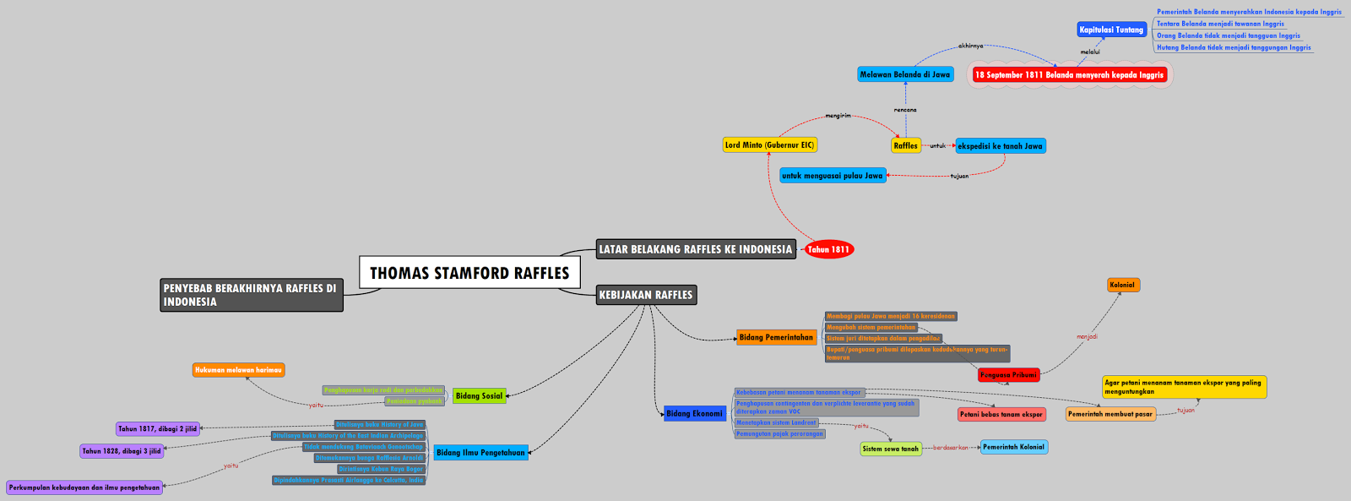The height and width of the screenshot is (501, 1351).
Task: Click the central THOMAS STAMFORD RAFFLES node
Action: point(469,273)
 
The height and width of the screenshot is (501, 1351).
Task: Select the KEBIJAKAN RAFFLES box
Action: point(646,295)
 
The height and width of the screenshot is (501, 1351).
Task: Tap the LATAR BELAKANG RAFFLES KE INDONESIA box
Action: point(696,249)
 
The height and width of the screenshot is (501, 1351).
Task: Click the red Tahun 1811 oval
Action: point(828,249)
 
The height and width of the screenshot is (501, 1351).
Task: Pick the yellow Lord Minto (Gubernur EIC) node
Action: point(769,145)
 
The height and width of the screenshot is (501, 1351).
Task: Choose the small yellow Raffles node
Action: point(905,145)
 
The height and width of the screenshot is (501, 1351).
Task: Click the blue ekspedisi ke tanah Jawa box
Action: point(1000,146)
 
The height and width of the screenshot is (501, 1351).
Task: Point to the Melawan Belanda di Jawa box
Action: point(905,74)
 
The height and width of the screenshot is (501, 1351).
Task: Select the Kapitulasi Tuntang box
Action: point(1111,30)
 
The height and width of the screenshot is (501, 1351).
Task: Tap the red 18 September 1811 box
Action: point(1069,74)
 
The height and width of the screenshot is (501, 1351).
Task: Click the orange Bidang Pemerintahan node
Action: point(776,337)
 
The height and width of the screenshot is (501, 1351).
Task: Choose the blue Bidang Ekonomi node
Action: point(694,413)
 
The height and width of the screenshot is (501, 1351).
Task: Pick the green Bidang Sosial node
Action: point(479,395)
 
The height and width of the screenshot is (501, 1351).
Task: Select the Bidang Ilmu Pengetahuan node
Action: point(480,453)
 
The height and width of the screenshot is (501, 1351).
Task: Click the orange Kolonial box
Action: point(1122,285)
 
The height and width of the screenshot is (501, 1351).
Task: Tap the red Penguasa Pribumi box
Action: point(1008,374)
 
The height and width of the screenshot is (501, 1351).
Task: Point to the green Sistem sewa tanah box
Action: point(891,449)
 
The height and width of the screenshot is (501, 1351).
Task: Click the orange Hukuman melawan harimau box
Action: point(238,370)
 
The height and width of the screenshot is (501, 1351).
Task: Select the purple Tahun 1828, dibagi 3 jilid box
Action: point(122,451)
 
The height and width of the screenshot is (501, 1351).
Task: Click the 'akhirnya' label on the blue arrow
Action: point(970,46)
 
